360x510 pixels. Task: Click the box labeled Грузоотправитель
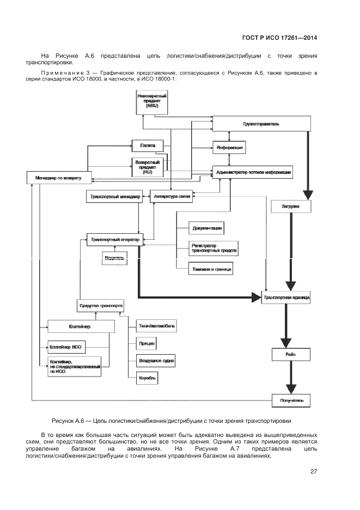[261, 124]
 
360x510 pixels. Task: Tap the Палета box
[148, 145]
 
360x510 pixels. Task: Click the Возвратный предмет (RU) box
[148, 167]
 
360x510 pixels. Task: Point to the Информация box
[229, 147]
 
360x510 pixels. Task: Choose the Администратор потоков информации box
[254, 172]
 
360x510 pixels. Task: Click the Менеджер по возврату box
[59, 178]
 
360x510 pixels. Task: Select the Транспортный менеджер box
[114, 197]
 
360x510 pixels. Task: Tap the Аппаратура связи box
[172, 197]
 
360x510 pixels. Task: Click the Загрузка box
[290, 208]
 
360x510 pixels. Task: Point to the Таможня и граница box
[211, 269]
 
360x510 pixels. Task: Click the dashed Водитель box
[115, 258]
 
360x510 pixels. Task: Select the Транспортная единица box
[286, 298]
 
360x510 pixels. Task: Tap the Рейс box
[290, 355]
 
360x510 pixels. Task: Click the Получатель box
[292, 402]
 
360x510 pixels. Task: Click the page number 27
[314, 472]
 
